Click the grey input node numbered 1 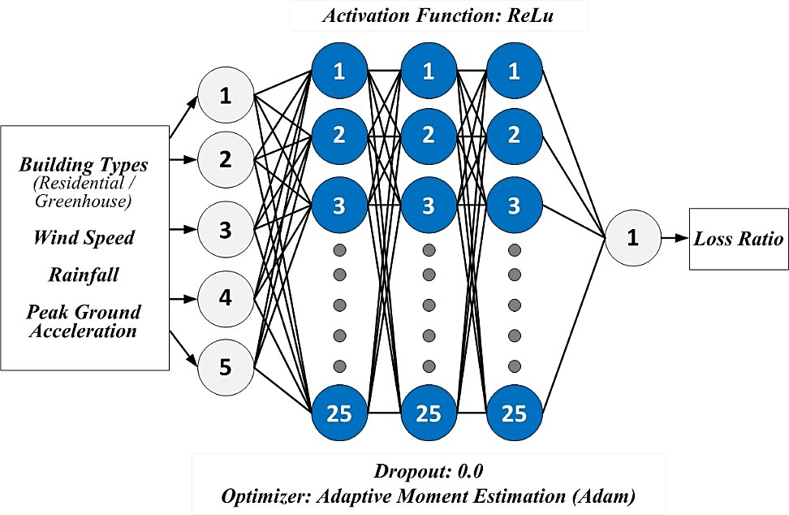pyautogui.click(x=226, y=96)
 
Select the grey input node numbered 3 pyautogui.click(x=226, y=227)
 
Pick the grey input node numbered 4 pyautogui.click(x=226, y=297)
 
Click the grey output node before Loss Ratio pyautogui.click(x=632, y=240)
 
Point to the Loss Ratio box pyautogui.click(x=739, y=240)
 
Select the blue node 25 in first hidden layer pyautogui.click(x=339, y=413)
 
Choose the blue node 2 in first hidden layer pyautogui.click(x=339, y=136)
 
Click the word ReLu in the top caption pyautogui.click(x=536, y=15)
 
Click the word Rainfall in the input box pyautogui.click(x=84, y=275)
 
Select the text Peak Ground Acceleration pyautogui.click(x=84, y=321)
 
